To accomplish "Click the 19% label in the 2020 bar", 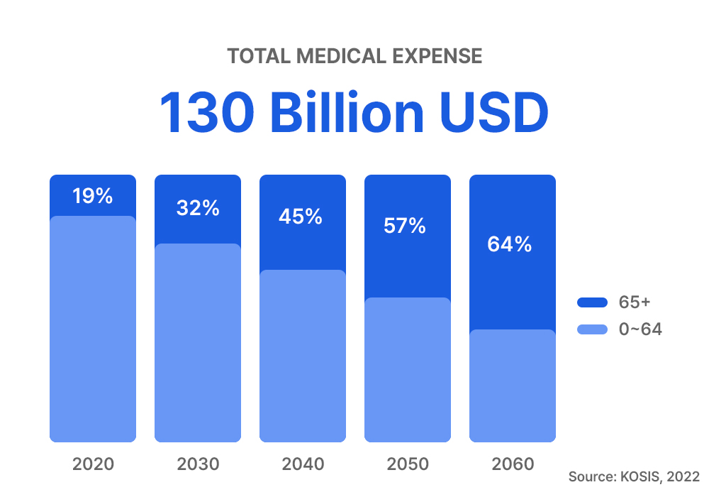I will pos(93,196).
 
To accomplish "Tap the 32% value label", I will pos(198,209).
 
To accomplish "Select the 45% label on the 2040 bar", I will pos(301,217).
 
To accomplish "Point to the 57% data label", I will pos(405,226).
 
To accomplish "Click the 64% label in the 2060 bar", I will pos(510,244).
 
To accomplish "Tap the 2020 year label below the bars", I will pos(93,464).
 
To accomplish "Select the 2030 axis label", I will pos(198,464).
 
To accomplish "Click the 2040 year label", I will pos(303,464).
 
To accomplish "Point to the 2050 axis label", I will pos(408,464).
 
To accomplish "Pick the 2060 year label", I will pos(513,464).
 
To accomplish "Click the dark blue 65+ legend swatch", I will pos(593,302).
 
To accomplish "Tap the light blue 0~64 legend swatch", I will pos(593,329).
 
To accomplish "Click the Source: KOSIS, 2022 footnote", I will pos(634,476).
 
